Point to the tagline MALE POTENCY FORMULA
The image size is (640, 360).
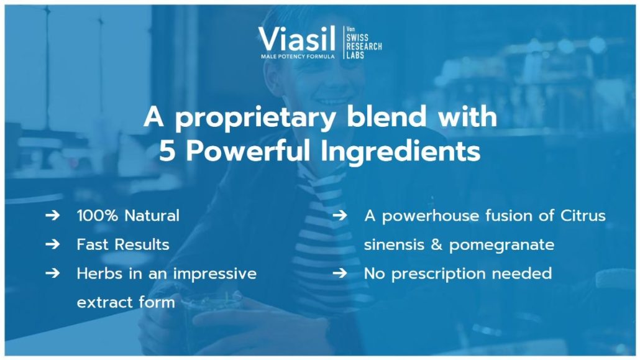[x=298, y=56]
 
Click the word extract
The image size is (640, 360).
[x=99, y=303]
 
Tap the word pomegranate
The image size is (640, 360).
[x=501, y=245]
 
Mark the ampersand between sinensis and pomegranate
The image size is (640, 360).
[x=437, y=245]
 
